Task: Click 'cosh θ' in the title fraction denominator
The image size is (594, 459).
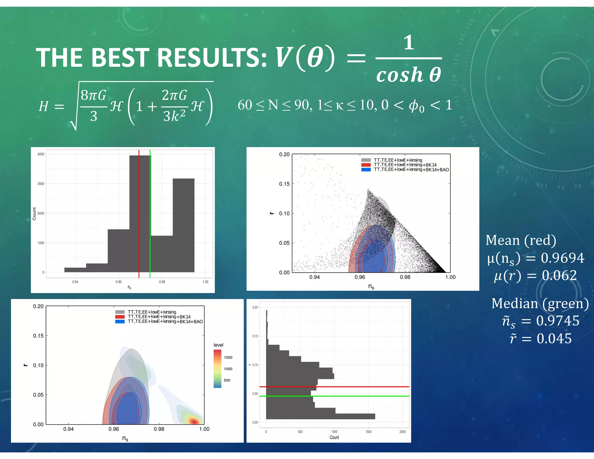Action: [x=408, y=75]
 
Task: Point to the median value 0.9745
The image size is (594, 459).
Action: [x=557, y=321]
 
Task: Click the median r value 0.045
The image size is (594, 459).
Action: [x=554, y=339]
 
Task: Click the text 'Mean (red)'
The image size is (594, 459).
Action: [x=521, y=240]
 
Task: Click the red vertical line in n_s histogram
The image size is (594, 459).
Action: [x=139, y=215]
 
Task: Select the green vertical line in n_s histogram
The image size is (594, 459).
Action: [x=150, y=215]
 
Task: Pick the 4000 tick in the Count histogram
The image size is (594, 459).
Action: [x=41, y=154]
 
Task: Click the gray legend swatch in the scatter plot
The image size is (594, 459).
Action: [x=366, y=160]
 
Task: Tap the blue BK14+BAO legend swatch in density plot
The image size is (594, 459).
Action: [x=120, y=321]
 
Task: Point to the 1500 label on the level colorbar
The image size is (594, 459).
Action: [x=228, y=357]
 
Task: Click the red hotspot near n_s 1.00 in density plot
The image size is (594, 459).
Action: [x=194, y=421]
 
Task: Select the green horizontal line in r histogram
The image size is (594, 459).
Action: [x=334, y=396]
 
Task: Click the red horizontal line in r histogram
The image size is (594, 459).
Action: [x=334, y=387]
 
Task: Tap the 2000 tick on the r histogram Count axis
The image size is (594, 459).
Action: [x=402, y=432]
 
